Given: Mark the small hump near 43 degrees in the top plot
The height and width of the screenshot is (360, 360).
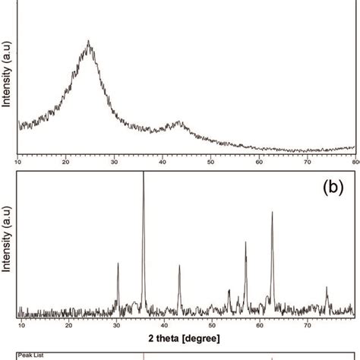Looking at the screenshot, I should point(179,122).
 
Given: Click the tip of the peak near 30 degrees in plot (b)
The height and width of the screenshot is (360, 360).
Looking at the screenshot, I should point(118,263).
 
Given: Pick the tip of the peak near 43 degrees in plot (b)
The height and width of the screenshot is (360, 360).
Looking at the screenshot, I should point(179,265).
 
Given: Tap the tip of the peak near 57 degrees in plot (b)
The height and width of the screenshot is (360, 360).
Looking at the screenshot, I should point(245,242).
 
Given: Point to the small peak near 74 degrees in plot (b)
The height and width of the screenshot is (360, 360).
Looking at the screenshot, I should point(327,287).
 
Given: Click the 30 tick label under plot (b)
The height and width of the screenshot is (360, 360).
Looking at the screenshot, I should point(117,325).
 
